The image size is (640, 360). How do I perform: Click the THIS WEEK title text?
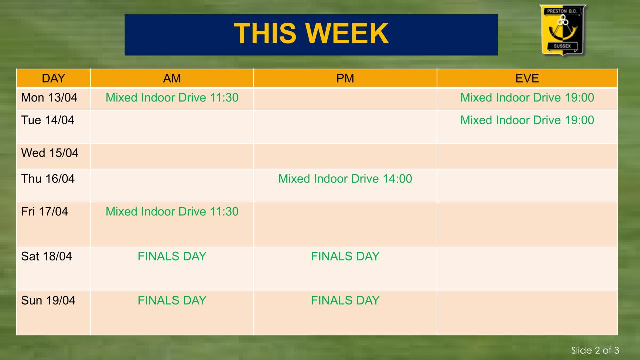pyautogui.click(x=311, y=33)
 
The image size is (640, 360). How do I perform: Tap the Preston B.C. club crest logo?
pyautogui.click(x=562, y=30)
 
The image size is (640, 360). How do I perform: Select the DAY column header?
pyautogui.click(x=53, y=78)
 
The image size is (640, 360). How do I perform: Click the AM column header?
pyautogui.click(x=172, y=78)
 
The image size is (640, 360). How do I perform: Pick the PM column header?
pyautogui.click(x=345, y=78)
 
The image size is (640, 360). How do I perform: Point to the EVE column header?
pyautogui.click(x=527, y=78)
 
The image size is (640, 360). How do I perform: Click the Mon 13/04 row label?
pyautogui.click(x=49, y=98)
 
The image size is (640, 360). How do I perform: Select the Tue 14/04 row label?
pyautogui.click(x=48, y=120)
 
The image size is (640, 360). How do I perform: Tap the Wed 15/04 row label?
pyautogui.click(x=50, y=153)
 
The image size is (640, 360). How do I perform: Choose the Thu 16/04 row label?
pyautogui.click(x=48, y=179)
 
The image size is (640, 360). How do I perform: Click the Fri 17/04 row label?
pyautogui.click(x=45, y=212)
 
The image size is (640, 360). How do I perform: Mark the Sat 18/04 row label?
pyautogui.click(x=47, y=256)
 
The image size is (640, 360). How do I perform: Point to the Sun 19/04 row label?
pyautogui.click(x=48, y=301)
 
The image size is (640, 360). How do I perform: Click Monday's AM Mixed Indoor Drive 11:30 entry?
pyautogui.click(x=172, y=98)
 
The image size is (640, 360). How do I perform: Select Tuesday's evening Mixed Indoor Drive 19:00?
pyautogui.click(x=527, y=120)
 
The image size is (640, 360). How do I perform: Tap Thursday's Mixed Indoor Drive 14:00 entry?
pyautogui.click(x=345, y=179)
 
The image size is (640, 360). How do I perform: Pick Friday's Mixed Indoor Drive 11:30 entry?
pyautogui.click(x=172, y=212)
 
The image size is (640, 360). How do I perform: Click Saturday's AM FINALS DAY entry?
pyautogui.click(x=172, y=256)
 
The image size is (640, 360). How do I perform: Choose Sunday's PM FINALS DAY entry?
pyautogui.click(x=345, y=301)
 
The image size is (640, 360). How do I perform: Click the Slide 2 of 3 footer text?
pyautogui.click(x=595, y=350)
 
